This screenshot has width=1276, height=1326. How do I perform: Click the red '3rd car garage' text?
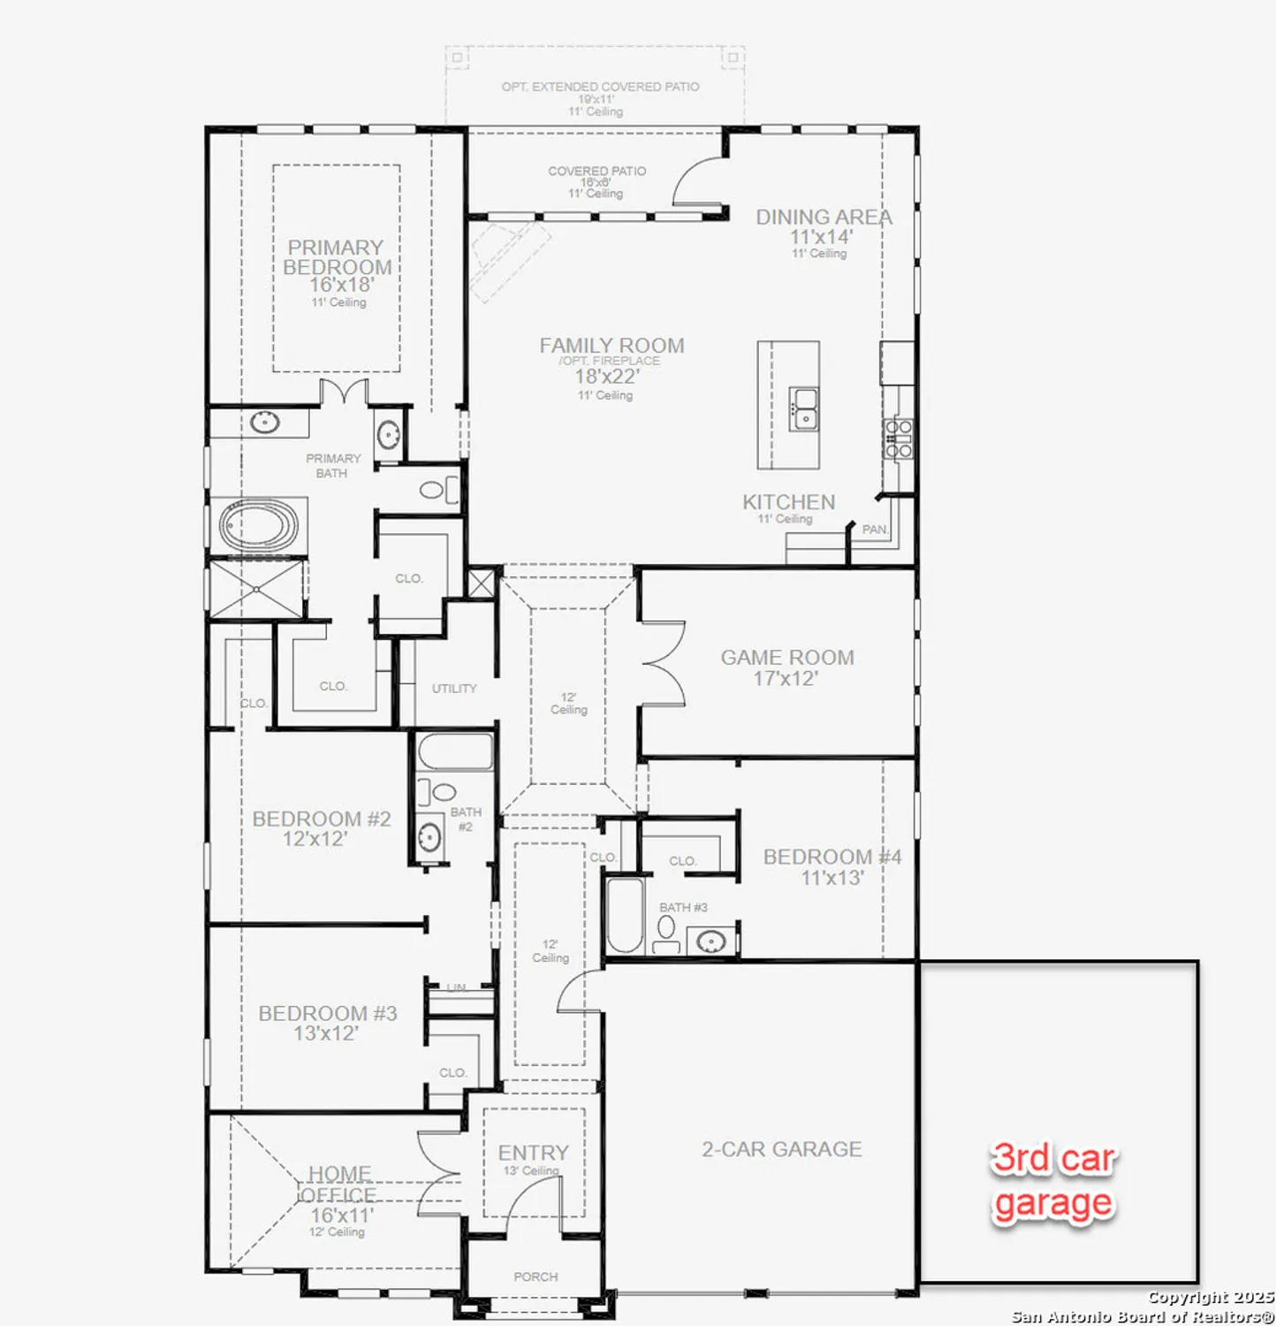tap(1052, 1181)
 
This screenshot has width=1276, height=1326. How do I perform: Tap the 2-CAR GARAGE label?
tap(781, 1149)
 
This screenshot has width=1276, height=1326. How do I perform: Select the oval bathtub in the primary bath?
tap(258, 526)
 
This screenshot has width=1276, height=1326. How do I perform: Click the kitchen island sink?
tap(804, 409)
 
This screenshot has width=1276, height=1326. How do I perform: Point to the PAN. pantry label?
tap(874, 530)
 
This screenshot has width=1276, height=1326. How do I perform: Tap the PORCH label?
tap(535, 1276)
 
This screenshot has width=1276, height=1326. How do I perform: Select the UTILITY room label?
tap(454, 689)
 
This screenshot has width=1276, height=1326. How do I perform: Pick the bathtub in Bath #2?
tap(455, 752)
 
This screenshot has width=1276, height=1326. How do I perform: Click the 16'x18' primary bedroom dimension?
tap(341, 285)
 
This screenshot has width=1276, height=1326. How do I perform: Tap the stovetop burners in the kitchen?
tap(899, 439)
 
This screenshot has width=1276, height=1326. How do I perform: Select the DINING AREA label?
tap(823, 217)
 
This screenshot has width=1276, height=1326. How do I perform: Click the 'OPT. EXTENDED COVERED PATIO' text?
tap(600, 87)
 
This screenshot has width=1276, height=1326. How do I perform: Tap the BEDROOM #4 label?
tap(832, 857)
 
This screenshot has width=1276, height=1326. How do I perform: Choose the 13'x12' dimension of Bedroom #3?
tap(325, 1033)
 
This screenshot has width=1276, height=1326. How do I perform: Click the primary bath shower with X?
tap(256, 589)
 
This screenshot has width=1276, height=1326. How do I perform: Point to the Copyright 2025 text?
tap(1210, 1298)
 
